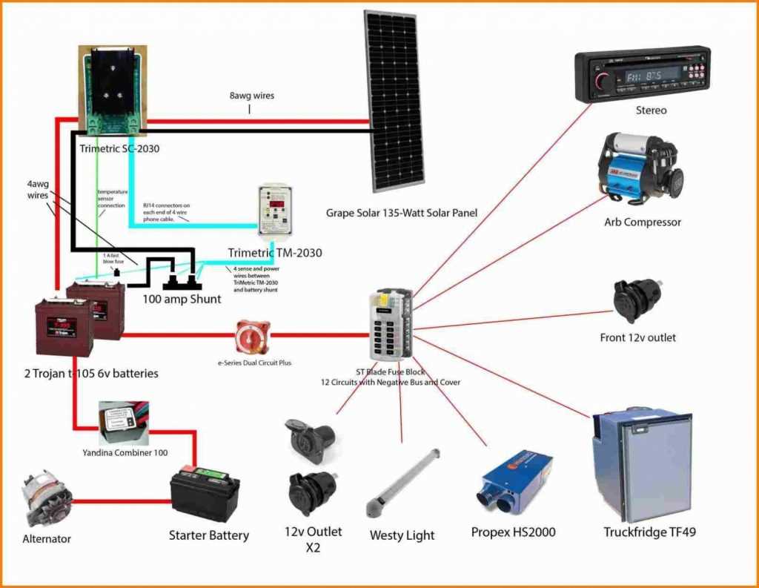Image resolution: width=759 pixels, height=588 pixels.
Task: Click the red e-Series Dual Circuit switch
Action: point(253,336)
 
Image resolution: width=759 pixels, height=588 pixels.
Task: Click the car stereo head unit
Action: point(643,73)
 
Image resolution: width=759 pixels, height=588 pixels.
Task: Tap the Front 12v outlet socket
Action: point(637,300)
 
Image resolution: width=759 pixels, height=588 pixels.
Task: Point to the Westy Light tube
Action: point(403,483)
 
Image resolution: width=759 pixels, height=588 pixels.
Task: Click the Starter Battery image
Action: point(205,493)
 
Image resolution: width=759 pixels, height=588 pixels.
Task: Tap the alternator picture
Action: point(44,499)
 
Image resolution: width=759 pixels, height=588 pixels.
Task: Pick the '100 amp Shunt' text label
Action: point(182,300)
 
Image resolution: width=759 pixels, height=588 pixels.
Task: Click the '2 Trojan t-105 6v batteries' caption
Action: point(91,373)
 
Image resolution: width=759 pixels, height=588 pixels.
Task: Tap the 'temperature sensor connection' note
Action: point(111,199)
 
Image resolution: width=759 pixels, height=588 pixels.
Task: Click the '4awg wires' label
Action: point(38,189)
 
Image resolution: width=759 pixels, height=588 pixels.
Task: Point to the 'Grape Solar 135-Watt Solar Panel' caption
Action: point(401,213)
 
